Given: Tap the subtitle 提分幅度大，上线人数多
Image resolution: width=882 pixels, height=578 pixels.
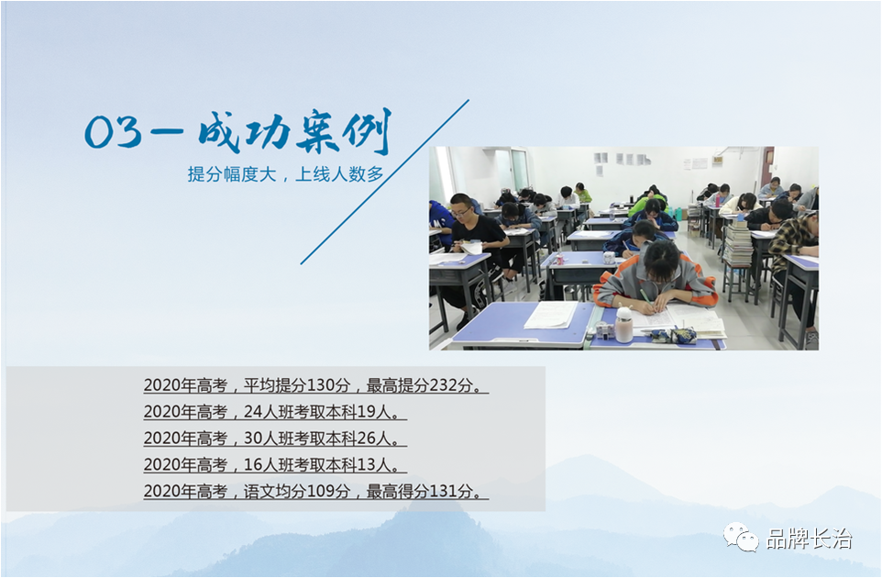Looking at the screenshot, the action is tap(286, 174).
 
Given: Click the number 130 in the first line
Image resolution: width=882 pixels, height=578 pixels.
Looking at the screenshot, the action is tap(322, 385).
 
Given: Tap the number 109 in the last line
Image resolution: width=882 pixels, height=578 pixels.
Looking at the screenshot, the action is tap(322, 492).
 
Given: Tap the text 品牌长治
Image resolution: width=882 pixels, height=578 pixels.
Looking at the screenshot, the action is tap(809, 539).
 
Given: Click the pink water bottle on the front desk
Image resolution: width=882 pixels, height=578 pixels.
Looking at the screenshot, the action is tap(623, 325).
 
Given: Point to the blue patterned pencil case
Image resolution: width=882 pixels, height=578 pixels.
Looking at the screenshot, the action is tap(682, 336).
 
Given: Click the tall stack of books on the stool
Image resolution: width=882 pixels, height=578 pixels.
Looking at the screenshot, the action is tap(737, 243).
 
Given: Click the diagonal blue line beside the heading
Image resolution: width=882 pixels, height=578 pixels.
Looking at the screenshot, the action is tap(385, 182).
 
